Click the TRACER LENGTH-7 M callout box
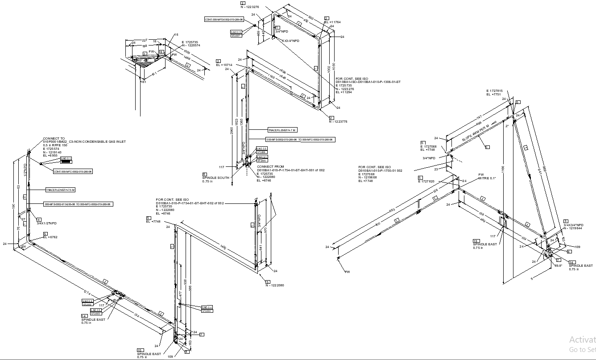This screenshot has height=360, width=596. click(282, 130)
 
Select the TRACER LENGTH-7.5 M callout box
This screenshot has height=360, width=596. click(60, 190)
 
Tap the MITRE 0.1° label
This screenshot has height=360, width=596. click(487, 178)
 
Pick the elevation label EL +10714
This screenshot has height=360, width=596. click(224, 65)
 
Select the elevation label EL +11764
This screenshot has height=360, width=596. click(332, 22)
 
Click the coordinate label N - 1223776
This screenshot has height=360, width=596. click(338, 121)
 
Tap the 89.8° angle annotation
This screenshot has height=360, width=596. click(558, 265)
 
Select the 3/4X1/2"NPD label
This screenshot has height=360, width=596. click(47, 223)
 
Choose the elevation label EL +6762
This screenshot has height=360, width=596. click(50, 237)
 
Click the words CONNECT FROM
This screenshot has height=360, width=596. click(268, 166)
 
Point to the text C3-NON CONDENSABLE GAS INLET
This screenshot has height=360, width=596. click(97, 141)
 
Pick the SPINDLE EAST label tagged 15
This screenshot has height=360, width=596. click(149, 354)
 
